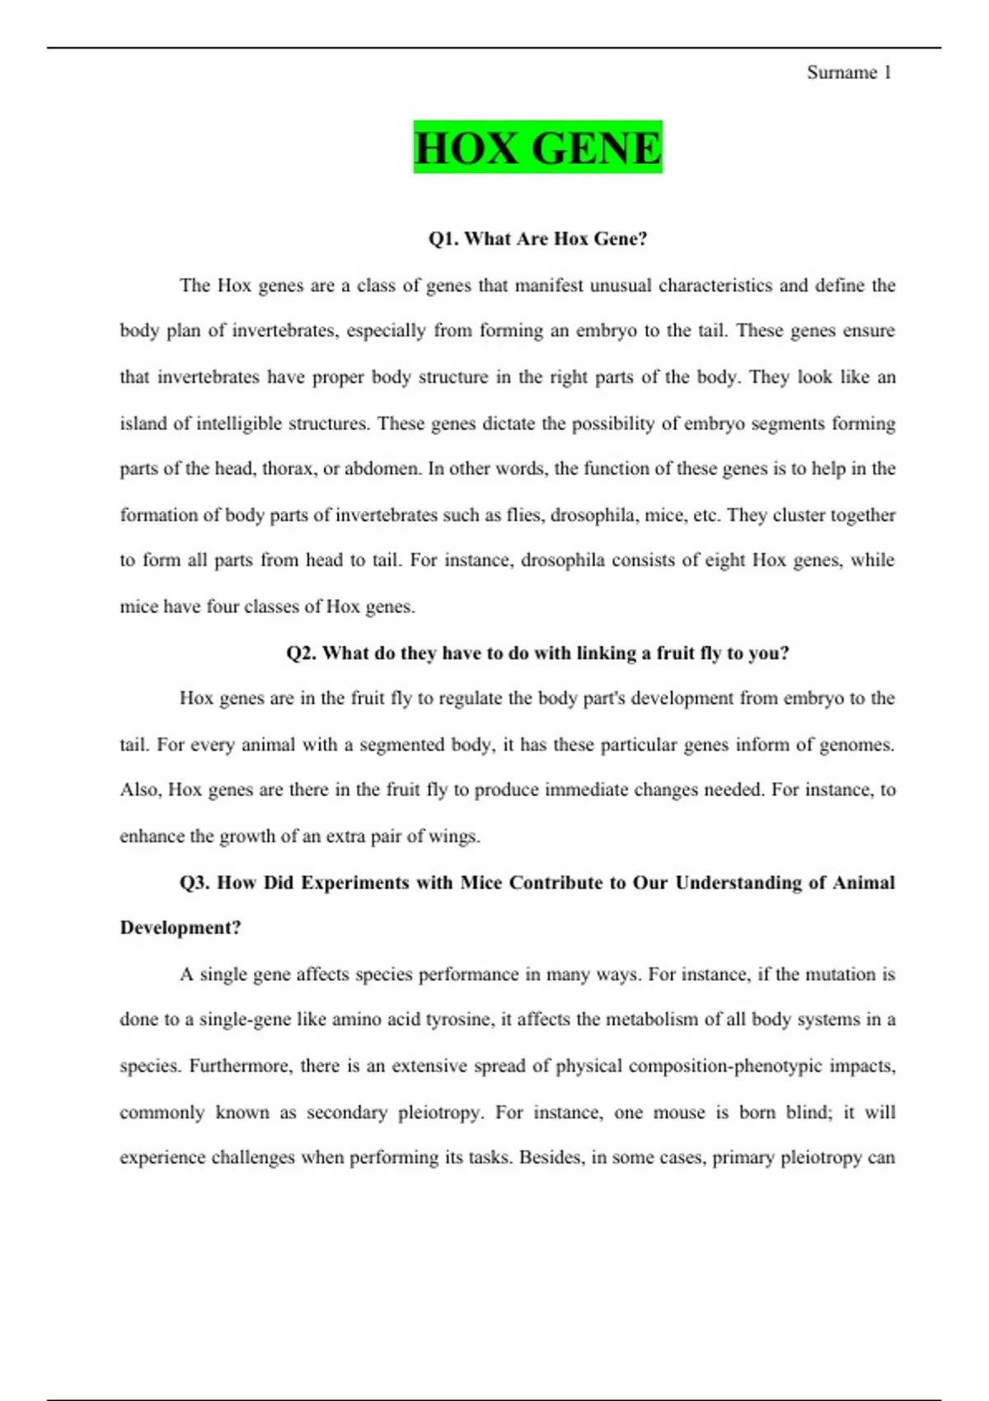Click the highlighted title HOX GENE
tap(537, 148)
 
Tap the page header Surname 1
tap(848, 73)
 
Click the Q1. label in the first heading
tap(443, 239)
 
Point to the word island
tap(143, 424)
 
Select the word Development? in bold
tap(180, 928)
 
